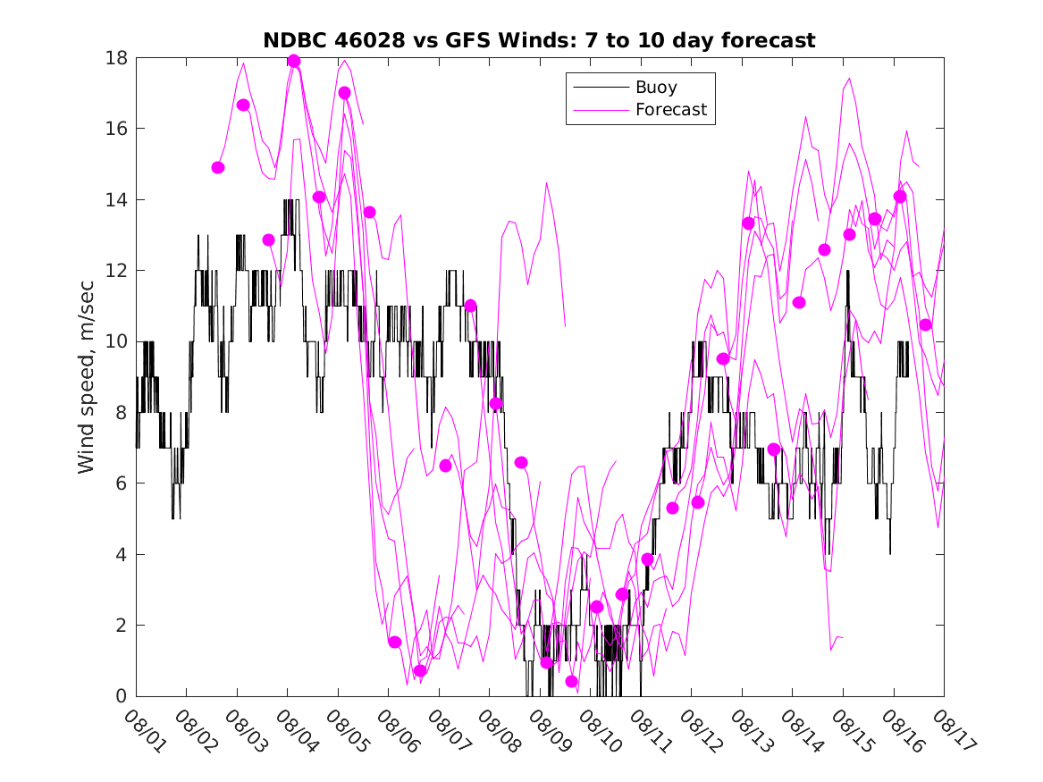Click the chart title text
(x=539, y=41)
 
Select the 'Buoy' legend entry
(x=656, y=88)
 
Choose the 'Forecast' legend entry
(x=670, y=110)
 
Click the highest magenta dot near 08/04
(x=293, y=62)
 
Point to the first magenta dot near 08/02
(x=218, y=167)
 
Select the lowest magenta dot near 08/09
(x=572, y=682)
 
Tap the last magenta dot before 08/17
(x=925, y=324)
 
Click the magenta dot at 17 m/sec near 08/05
(x=344, y=93)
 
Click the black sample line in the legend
(x=599, y=88)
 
